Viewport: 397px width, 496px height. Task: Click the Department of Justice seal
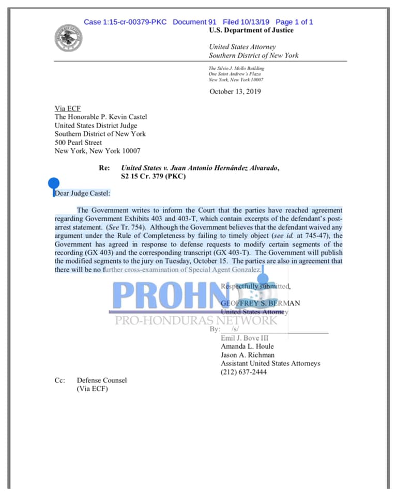pyautogui.click(x=68, y=38)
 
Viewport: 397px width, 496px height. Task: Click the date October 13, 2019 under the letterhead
pyautogui.click(x=235, y=92)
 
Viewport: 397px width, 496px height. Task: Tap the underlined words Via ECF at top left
pyautogui.click(x=68, y=109)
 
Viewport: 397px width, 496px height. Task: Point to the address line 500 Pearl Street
pyautogui.click(x=78, y=143)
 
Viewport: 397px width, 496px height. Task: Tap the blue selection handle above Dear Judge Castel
pyautogui.click(x=54, y=183)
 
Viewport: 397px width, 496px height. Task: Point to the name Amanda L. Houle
pyautogui.click(x=247, y=346)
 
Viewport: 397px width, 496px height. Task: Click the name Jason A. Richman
pyautogui.click(x=248, y=355)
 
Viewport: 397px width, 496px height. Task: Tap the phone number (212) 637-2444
pyautogui.click(x=243, y=371)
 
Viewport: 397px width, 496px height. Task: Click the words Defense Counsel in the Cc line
pyautogui.click(x=102, y=380)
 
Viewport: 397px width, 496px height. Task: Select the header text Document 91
pyautogui.click(x=194, y=22)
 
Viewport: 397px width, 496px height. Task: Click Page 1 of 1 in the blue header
pyautogui.click(x=294, y=22)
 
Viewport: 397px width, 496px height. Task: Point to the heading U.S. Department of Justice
pyautogui.click(x=251, y=30)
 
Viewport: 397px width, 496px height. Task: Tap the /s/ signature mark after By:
pyautogui.click(x=235, y=329)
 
